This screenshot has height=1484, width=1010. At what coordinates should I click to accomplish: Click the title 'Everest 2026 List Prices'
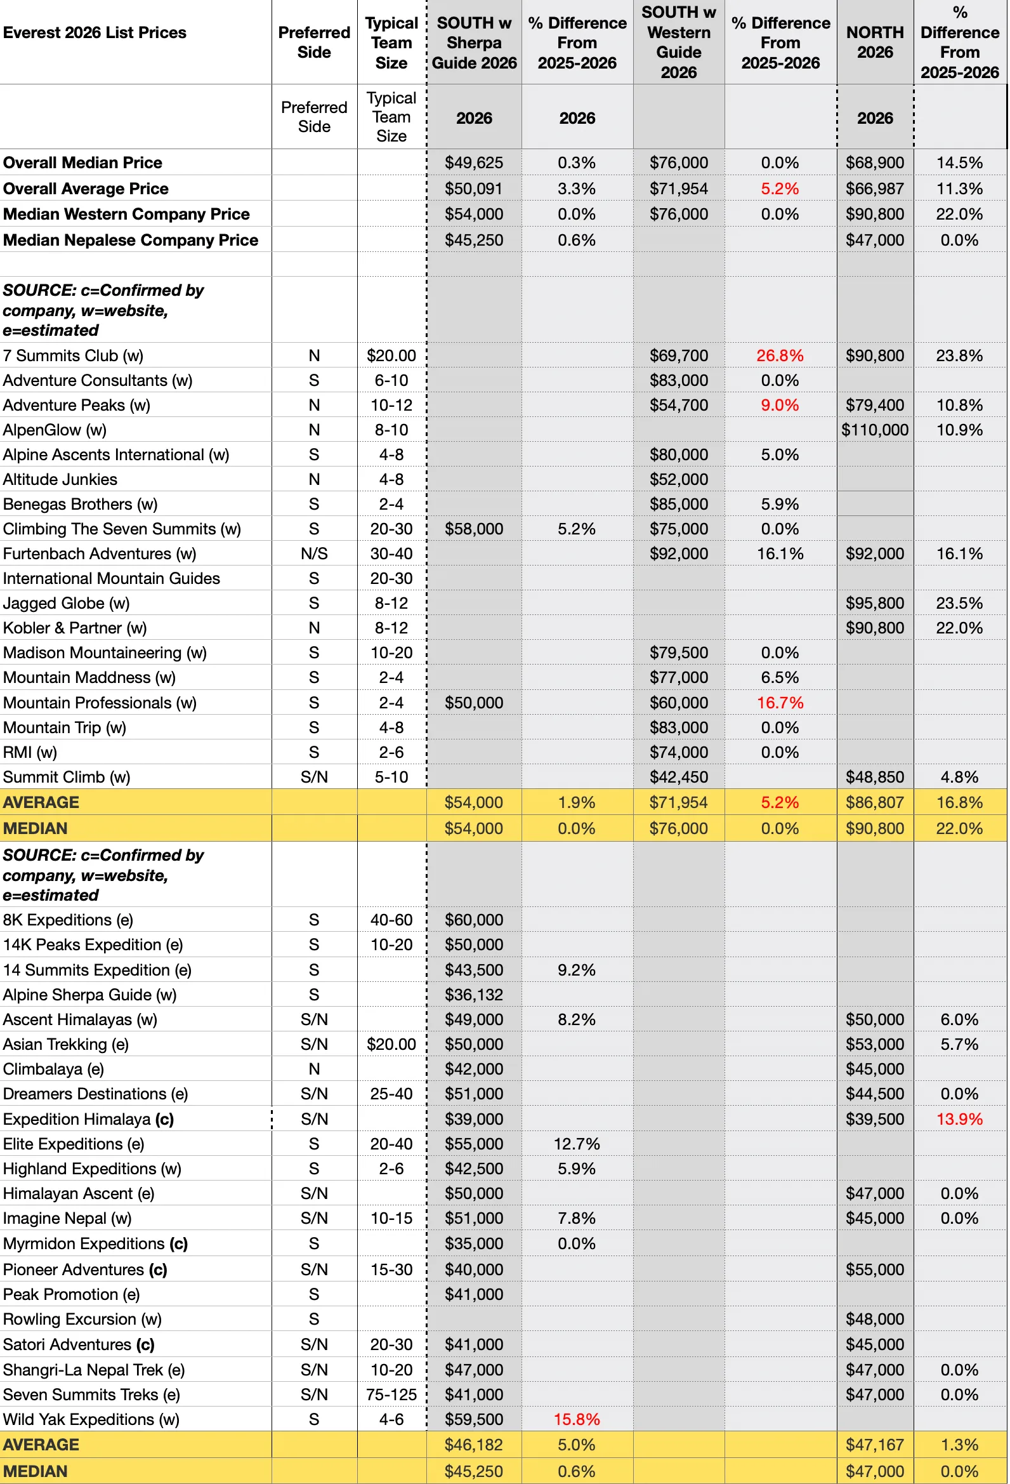pyautogui.click(x=95, y=32)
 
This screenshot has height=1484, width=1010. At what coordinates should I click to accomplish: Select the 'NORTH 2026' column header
pyautogui.click(x=875, y=42)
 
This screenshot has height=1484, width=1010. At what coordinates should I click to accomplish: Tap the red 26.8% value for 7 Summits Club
pyautogui.click(x=780, y=355)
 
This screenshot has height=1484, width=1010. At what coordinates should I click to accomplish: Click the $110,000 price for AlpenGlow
pyautogui.click(x=875, y=430)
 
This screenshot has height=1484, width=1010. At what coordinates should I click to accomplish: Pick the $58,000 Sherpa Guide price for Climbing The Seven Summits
pyautogui.click(x=474, y=529)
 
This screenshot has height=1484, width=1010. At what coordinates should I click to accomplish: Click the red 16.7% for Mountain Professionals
pyautogui.click(x=780, y=703)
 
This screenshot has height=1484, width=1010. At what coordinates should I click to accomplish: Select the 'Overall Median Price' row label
pyautogui.click(x=83, y=163)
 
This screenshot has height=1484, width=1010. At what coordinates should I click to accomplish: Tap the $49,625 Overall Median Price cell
pyautogui.click(x=474, y=163)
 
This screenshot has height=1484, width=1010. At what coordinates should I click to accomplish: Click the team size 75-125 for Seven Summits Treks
pyautogui.click(x=391, y=1395)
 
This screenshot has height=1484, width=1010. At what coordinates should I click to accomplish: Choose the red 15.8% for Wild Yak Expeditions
pyautogui.click(x=577, y=1419)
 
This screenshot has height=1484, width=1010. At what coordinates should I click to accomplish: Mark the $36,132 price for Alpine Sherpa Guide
pyautogui.click(x=474, y=995)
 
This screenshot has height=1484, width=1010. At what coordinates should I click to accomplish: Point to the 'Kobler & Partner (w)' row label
pyautogui.click(x=75, y=628)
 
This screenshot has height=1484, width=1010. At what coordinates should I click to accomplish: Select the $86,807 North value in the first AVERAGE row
pyautogui.click(x=875, y=803)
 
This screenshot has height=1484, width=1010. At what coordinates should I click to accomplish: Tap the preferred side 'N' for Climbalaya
pyautogui.click(x=314, y=1069)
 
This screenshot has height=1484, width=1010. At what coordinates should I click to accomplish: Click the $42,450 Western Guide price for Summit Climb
pyautogui.click(x=679, y=777)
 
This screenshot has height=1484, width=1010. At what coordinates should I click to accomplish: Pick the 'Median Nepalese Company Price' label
pyautogui.click(x=131, y=240)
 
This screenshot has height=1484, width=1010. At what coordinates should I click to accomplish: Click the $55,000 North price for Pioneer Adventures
pyautogui.click(x=875, y=1269)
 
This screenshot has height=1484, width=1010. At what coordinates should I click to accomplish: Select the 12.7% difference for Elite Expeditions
pyautogui.click(x=577, y=1144)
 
